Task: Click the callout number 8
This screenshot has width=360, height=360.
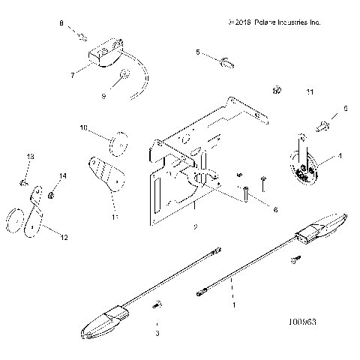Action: click(x=61, y=25)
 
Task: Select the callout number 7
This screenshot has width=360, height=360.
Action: click(x=72, y=75)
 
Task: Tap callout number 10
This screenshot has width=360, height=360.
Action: click(x=84, y=128)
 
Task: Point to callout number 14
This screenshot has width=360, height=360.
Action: click(x=62, y=175)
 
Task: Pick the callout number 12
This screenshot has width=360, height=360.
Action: click(x=64, y=238)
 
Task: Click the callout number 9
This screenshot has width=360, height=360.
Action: click(x=104, y=96)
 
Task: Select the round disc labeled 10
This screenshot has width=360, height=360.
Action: click(x=117, y=141)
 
